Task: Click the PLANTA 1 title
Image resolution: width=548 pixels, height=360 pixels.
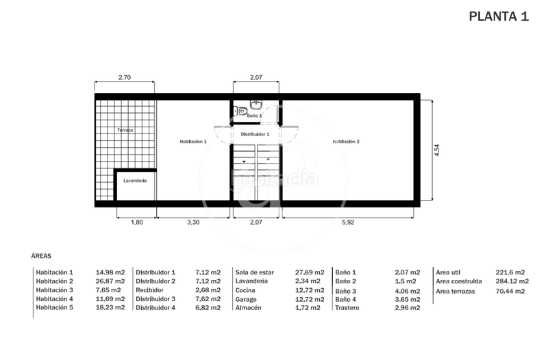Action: coord(498,18)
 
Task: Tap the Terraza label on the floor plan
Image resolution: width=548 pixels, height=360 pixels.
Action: coord(124,130)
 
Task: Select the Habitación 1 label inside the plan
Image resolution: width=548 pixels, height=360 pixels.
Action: coord(192,142)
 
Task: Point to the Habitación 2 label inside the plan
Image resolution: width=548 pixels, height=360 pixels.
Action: coord(346,142)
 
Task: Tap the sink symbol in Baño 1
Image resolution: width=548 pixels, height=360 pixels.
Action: coord(256,105)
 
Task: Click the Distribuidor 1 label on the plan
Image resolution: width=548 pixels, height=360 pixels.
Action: coord(255,135)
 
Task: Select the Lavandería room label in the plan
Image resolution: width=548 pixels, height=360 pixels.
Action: coord(135,181)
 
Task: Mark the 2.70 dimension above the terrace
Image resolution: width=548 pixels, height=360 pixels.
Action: coord(125,77)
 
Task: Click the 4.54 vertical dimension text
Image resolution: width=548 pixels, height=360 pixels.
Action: coord(436,151)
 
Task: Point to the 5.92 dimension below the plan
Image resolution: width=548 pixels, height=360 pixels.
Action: coord(348,222)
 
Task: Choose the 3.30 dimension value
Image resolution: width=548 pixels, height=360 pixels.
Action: coord(194,222)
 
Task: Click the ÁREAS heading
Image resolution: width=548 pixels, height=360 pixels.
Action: coord(41,255)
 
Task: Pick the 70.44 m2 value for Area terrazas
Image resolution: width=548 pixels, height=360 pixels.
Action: coord(510,291)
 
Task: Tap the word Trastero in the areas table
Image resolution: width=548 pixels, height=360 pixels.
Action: coord(348,308)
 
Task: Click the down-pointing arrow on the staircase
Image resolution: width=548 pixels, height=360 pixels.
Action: coord(243,159)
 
